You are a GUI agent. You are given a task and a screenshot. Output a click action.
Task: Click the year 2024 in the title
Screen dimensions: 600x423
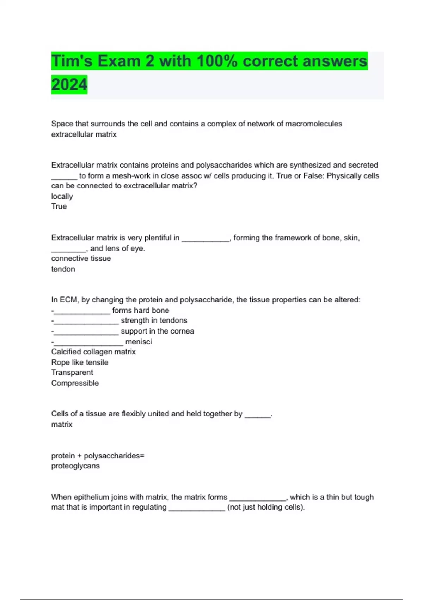coord(69,85)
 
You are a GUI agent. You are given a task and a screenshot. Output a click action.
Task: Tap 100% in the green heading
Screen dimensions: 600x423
coord(217,61)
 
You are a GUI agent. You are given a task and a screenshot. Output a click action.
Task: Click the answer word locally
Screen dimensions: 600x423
coord(62,197)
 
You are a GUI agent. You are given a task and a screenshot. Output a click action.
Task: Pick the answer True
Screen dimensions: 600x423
coord(59,206)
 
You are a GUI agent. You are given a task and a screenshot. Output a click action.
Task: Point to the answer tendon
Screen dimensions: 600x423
coord(63,269)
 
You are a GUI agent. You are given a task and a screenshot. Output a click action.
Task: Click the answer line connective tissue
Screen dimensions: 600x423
coord(81,258)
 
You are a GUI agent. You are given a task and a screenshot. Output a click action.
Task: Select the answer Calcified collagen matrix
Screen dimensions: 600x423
coord(93,352)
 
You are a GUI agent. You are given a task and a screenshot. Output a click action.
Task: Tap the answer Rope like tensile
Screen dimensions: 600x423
coord(80,362)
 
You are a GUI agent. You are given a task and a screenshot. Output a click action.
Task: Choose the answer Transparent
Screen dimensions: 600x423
coord(72,372)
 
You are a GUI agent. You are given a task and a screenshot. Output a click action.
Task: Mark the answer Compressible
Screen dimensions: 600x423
coord(75,383)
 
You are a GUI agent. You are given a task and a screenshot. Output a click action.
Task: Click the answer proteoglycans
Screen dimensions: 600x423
coord(75,466)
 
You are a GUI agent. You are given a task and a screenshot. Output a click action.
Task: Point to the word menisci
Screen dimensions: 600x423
coord(139,342)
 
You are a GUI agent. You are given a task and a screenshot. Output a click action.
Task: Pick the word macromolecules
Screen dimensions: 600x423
coord(313,124)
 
